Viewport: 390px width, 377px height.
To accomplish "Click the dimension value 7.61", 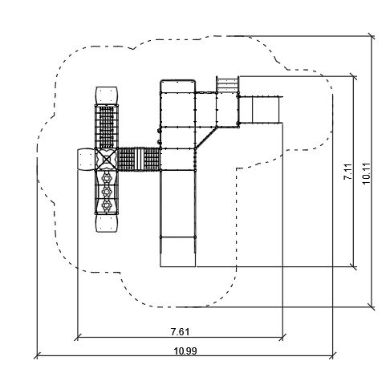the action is coord(180,332).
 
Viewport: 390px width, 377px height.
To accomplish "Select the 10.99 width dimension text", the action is coord(185,351).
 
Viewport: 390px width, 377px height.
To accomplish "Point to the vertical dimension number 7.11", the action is coord(347,172).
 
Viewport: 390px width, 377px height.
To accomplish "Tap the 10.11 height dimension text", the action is coord(366,173).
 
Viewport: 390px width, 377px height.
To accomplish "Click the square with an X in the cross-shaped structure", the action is coord(107,160).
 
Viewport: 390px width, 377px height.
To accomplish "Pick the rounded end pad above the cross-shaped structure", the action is coord(107,95).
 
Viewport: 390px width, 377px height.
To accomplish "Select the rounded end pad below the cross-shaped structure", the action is coord(107,224).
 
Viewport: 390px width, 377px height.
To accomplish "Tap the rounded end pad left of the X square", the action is coord(86,160).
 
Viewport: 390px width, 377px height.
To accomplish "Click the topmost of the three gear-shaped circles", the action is coord(107,177).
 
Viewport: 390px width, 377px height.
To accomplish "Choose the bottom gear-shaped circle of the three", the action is coord(107,205).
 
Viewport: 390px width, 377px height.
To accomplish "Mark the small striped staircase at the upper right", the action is coord(227,84).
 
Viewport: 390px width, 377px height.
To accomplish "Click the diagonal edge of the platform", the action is coord(206,137).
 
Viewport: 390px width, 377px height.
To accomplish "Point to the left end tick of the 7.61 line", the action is coord(77,338).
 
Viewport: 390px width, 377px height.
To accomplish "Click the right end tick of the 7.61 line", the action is coord(282,338).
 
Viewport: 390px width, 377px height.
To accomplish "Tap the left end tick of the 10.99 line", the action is coord(37,356).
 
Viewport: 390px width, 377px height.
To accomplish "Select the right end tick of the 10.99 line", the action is coord(333,356).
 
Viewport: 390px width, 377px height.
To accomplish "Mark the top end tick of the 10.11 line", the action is coord(372,36).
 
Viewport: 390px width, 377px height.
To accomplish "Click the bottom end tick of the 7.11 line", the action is coord(354,266).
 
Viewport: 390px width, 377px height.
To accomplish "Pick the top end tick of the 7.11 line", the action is coord(354,76).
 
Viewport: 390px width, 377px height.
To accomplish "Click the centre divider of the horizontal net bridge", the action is coord(139,160).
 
